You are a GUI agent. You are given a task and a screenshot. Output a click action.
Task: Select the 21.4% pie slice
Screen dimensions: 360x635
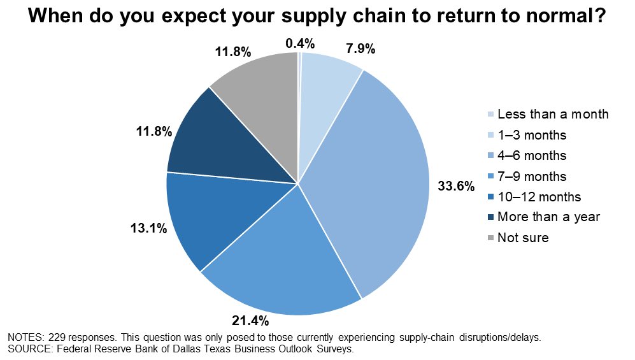click(280, 261)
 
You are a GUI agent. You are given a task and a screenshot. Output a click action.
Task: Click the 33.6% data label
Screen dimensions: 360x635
click(456, 186)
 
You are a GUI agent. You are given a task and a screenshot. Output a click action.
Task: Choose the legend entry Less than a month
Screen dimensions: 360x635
click(553, 115)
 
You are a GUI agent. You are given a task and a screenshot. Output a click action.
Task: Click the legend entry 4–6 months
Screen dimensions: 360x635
click(532, 155)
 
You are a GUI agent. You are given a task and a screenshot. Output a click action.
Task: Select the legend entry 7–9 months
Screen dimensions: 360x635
click(532, 176)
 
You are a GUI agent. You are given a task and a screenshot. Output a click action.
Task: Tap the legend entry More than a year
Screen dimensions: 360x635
click(548, 217)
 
